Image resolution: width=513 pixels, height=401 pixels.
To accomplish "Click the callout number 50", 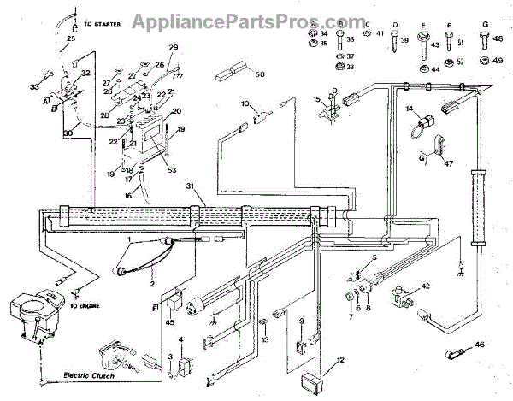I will coord(260,74).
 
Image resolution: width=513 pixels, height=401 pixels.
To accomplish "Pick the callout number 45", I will coord(170,322).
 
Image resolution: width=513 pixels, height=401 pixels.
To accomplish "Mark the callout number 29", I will coord(174,47).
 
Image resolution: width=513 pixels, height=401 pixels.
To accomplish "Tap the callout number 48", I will coord(498,38).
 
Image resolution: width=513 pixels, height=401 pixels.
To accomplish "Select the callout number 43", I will coord(435,44).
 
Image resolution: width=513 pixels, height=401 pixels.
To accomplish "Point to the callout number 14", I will coord(410,108).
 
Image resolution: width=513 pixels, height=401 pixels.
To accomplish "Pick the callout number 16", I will coord(128,196).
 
